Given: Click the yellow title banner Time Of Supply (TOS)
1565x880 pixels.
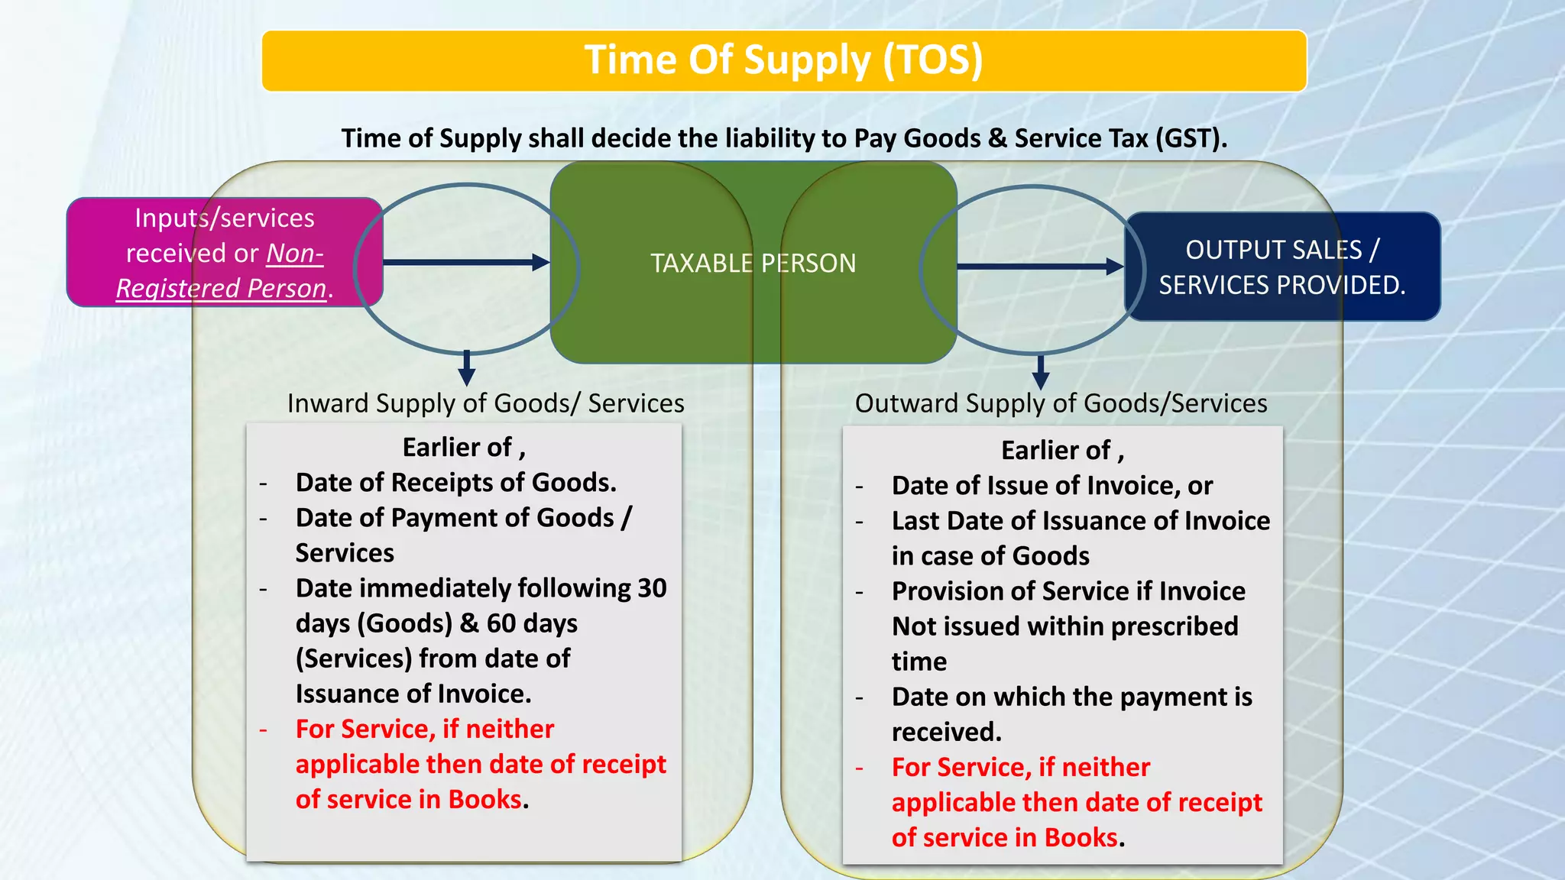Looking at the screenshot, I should pyautogui.click(x=783, y=61).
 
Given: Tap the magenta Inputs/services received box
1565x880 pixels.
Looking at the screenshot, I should pyautogui.click(x=225, y=252).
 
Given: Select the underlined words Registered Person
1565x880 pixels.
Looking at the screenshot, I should pyautogui.click(x=222, y=289).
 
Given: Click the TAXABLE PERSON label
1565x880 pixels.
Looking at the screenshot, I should pyautogui.click(x=753, y=264).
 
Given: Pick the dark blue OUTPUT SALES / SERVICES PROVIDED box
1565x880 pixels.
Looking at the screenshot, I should pyautogui.click(x=1281, y=267).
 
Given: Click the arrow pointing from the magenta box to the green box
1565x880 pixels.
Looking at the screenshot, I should pyautogui.click(x=466, y=263).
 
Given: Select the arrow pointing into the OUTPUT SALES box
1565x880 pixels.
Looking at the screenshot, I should pyautogui.click(x=1039, y=267).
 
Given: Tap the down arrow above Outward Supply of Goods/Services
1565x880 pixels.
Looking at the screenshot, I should pyautogui.click(x=1040, y=372).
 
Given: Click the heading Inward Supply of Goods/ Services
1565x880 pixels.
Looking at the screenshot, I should pyautogui.click(x=485, y=403).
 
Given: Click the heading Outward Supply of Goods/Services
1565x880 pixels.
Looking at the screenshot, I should pyautogui.click(x=1061, y=403).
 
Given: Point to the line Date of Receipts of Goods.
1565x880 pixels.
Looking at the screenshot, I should pyautogui.click(x=455, y=483).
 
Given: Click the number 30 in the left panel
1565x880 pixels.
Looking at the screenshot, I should pyautogui.click(x=652, y=588).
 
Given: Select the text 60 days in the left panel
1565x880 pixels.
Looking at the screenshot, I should pyautogui.click(x=532, y=623).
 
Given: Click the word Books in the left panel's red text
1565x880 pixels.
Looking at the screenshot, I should pyautogui.click(x=484, y=800).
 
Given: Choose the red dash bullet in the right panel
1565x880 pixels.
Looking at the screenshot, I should pyautogui.click(x=860, y=768).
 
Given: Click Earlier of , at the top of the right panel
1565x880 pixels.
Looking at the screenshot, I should pyautogui.click(x=1062, y=451).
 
